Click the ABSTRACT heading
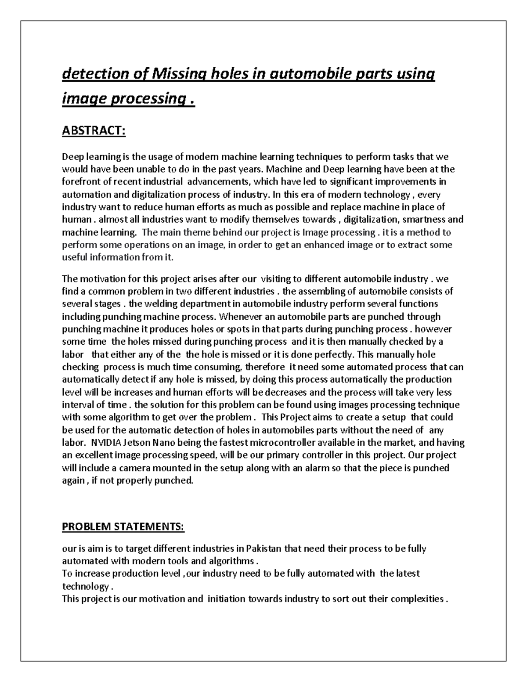pos(94,131)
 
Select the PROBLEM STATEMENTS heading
pos(123,527)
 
